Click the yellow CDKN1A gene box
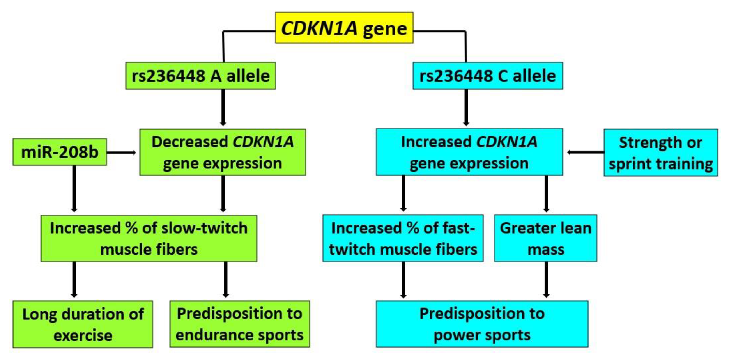tap(344, 28)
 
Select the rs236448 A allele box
tap(201, 76)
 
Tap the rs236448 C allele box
tap(488, 76)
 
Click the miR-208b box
tap(60, 152)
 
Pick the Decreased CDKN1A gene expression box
tap(222, 152)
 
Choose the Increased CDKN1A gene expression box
tap(469, 152)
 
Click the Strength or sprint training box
tap(660, 153)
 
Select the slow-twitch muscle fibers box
tap(149, 238)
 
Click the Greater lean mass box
tap(545, 238)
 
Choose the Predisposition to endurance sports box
tap(239, 324)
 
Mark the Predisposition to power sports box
tap(482, 324)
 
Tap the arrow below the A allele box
tap(223, 108)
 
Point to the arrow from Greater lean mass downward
tap(546, 280)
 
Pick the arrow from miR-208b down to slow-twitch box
tap(74, 188)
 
